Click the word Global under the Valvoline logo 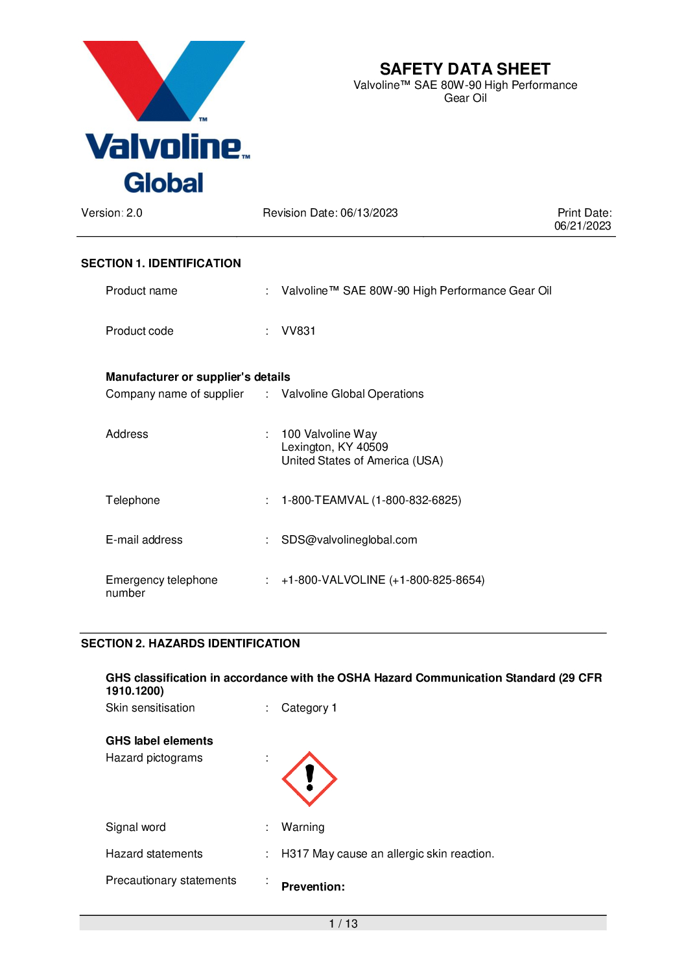(x=163, y=183)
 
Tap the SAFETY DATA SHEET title (x=465, y=69)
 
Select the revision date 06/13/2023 (x=369, y=213)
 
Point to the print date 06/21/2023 (x=582, y=226)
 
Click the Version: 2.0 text (x=112, y=213)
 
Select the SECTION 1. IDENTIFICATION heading (x=161, y=263)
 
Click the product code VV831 (x=298, y=331)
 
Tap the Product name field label (x=141, y=291)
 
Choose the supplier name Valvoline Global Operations (x=352, y=394)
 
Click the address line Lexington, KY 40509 (x=335, y=447)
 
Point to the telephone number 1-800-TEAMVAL (x=371, y=500)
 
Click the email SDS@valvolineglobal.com (x=349, y=540)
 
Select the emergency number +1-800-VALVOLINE (x=383, y=580)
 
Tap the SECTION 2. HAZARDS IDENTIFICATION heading (x=191, y=643)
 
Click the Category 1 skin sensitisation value (x=309, y=708)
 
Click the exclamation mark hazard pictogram (x=309, y=779)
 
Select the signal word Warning (x=303, y=827)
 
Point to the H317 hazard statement (x=387, y=854)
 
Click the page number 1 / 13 (x=343, y=924)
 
